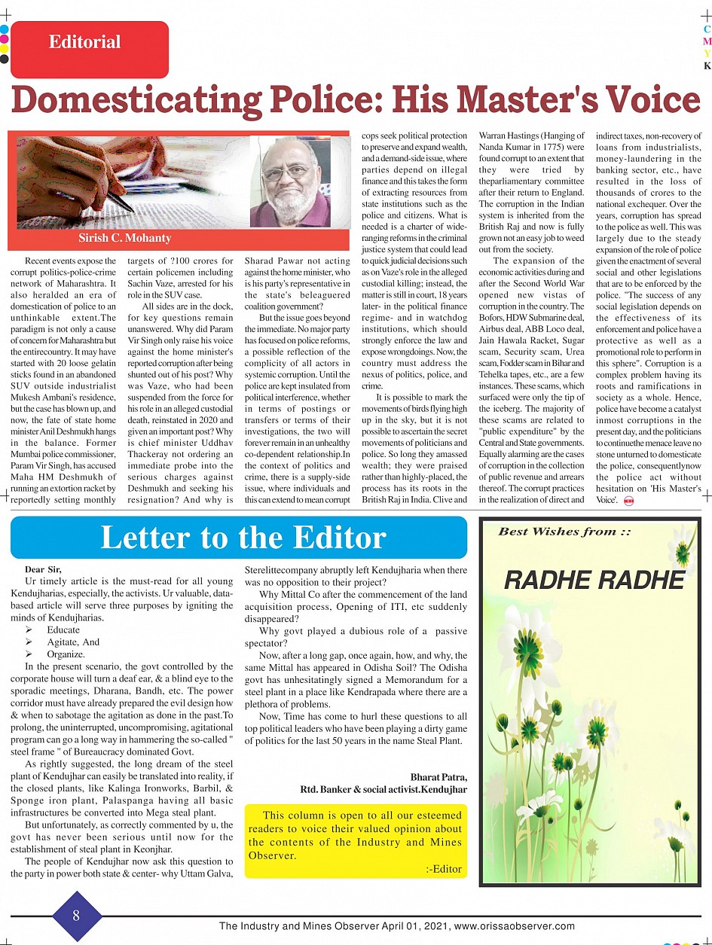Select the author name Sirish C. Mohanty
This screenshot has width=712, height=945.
pyautogui.click(x=125, y=238)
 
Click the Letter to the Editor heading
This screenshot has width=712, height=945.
pyautogui.click(x=243, y=538)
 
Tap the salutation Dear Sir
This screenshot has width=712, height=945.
pyautogui.click(x=43, y=569)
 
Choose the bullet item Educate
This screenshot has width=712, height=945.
pyautogui.click(x=63, y=630)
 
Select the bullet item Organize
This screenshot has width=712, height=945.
pyautogui.click(x=66, y=654)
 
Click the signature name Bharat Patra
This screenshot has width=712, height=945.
pyautogui.click(x=439, y=777)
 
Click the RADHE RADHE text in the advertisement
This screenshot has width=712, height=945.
pyautogui.click(x=594, y=581)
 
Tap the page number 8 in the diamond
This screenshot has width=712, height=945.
pyautogui.click(x=76, y=916)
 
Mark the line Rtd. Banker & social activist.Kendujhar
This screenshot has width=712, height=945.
pyautogui.click(x=384, y=789)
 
